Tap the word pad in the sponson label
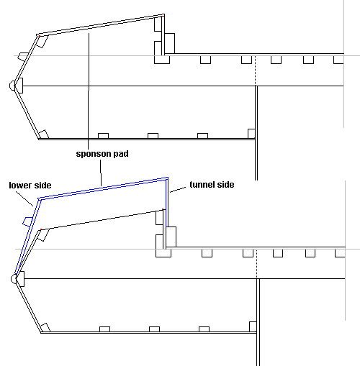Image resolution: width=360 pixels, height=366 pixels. click(121, 154)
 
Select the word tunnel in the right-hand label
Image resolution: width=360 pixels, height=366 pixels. click(202, 185)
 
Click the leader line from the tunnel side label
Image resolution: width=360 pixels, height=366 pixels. click(178, 190)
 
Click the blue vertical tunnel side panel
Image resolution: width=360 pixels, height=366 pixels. click(167, 202)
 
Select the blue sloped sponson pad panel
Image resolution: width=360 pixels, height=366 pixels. click(103, 188)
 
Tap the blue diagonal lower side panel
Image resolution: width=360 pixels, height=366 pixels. click(27, 237)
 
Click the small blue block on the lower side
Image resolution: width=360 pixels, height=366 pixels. click(27, 221)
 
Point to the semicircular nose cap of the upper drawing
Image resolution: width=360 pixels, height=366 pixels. click(12, 86)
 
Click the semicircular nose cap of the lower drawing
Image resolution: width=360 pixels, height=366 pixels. click(14, 279)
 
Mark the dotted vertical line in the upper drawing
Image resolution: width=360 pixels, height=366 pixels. click(256, 70)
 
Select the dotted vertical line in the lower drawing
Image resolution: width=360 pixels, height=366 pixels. click(257, 264)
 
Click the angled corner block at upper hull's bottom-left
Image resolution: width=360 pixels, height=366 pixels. click(44, 134)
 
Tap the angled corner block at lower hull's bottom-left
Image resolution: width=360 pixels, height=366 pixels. click(45, 328)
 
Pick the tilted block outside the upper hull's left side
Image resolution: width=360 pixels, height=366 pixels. click(23, 57)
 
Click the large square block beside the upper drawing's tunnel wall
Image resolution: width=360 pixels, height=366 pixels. click(170, 43)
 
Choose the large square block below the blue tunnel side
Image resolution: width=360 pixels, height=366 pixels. click(171, 237)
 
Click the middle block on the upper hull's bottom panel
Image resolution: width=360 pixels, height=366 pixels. click(153, 136)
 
